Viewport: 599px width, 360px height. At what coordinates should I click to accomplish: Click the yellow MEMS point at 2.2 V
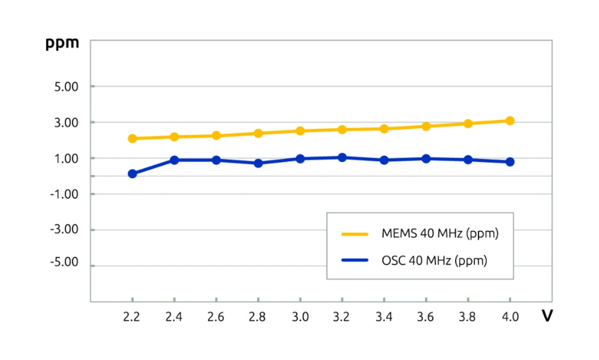(x=132, y=139)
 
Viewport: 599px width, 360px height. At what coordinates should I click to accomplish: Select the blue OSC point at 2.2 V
(x=132, y=174)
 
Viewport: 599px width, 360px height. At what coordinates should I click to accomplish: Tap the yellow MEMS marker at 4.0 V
(x=510, y=121)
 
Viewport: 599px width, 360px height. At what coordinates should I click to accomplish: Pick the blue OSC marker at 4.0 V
(x=510, y=162)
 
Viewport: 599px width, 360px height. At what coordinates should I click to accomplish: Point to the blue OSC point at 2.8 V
(x=258, y=163)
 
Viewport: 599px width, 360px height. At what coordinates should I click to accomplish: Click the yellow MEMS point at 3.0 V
(x=300, y=131)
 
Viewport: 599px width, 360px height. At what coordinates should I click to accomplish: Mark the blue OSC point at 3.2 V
(x=342, y=158)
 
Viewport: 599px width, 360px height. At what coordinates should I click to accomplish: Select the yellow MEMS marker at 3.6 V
(x=426, y=126)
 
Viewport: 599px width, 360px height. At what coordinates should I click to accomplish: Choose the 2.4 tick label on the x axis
(x=174, y=317)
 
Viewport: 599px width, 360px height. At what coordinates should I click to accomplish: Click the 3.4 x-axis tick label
(x=384, y=317)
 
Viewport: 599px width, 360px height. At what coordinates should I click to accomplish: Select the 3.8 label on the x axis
(x=468, y=317)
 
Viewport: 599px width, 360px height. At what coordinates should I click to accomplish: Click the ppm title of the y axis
(x=62, y=43)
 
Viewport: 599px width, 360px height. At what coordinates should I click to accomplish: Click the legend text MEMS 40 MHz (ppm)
(x=440, y=233)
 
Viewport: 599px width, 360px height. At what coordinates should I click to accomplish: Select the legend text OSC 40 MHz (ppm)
(x=434, y=260)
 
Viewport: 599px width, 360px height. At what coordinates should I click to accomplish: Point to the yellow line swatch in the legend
(x=356, y=233)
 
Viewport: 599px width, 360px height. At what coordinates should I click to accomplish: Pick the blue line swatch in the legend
(x=356, y=260)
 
